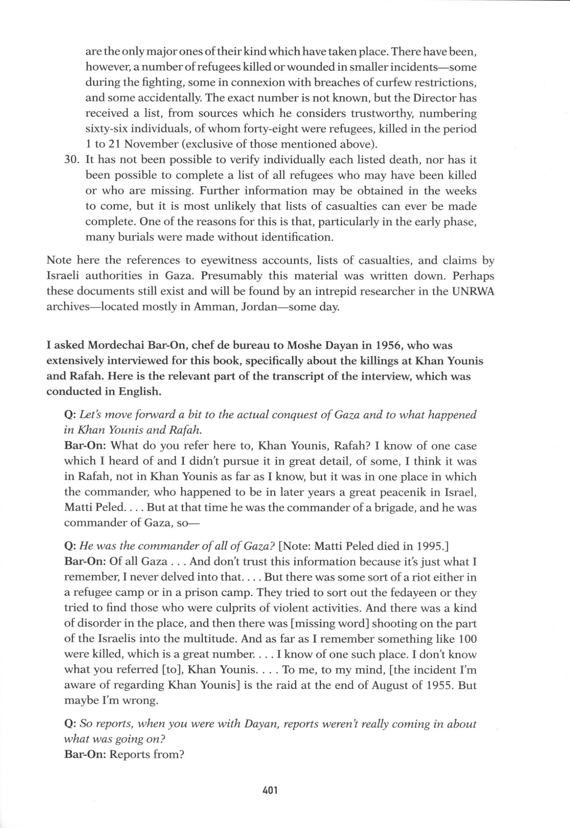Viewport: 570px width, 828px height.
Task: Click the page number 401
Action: click(270, 790)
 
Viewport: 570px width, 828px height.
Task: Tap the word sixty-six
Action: click(107, 129)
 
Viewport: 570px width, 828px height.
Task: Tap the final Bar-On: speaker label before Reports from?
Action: click(85, 754)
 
